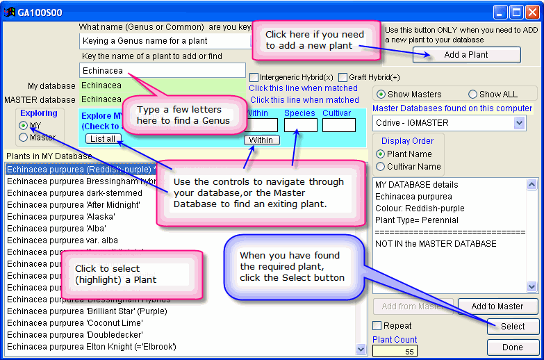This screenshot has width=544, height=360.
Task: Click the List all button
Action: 103,139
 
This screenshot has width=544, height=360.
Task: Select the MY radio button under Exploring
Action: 24,126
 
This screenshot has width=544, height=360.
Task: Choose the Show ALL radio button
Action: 473,94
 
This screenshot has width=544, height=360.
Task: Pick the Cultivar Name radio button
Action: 380,167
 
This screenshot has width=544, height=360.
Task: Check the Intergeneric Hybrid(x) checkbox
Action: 254,77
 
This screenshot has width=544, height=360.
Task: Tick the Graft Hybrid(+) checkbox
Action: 343,77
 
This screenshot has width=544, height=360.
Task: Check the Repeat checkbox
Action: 377,326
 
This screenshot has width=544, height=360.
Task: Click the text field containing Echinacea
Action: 163,70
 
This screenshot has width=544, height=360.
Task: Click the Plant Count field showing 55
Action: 395,351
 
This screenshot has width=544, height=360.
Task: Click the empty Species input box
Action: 300,125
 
